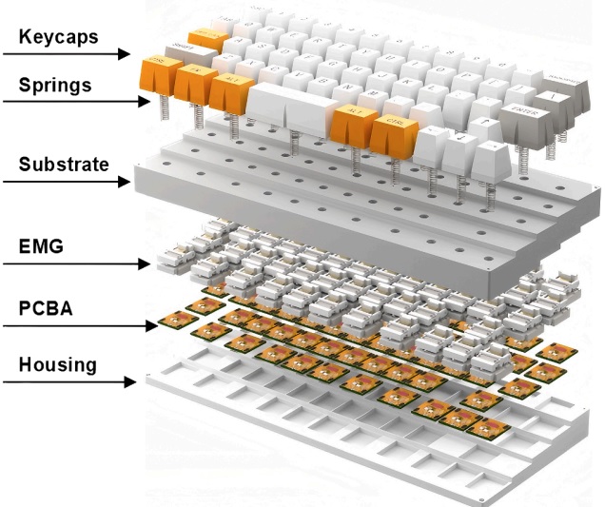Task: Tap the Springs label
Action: [x=54, y=85]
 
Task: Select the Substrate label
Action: [x=62, y=164]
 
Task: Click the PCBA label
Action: [x=45, y=307]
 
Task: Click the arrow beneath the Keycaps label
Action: [x=66, y=55]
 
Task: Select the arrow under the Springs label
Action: [x=67, y=103]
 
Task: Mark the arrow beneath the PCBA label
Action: [x=77, y=324]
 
